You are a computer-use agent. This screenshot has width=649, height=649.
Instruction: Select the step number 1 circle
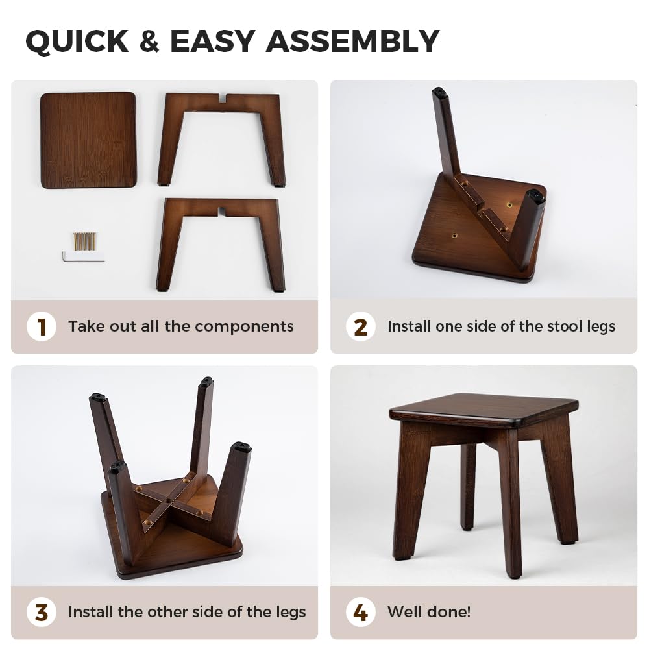[x=42, y=326]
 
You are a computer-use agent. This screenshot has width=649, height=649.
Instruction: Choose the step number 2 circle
[x=360, y=326]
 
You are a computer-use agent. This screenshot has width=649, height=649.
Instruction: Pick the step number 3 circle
[x=42, y=612]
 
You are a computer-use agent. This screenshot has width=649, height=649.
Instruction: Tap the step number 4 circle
[x=360, y=612]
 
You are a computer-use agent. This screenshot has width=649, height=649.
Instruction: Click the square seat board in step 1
[x=88, y=140]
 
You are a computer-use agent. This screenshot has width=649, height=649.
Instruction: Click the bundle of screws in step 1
[x=85, y=241]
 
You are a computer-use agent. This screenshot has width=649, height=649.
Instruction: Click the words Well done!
[x=429, y=612]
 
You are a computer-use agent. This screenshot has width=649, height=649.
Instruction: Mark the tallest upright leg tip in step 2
[x=440, y=92]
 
